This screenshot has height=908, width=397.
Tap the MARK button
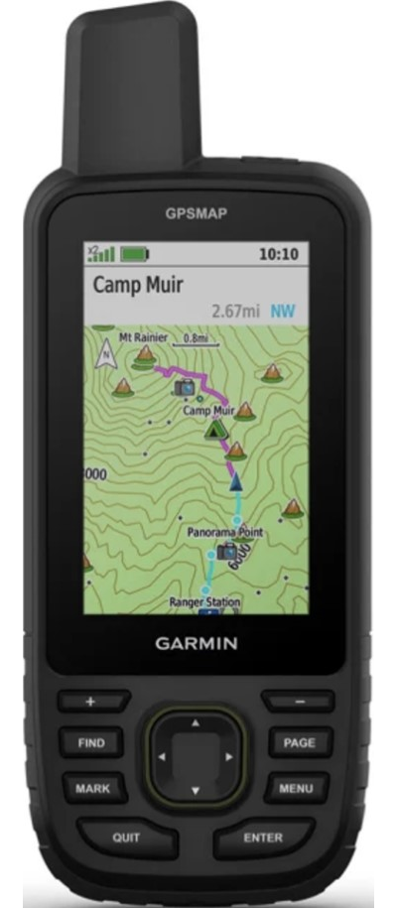93,789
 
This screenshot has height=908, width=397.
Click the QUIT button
126,838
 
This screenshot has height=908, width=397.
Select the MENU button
296,789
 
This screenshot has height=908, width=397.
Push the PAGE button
299,742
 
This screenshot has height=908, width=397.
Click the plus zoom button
91,702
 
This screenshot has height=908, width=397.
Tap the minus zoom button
299,702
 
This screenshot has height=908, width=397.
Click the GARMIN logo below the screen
196,643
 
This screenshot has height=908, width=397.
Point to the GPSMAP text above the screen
196,211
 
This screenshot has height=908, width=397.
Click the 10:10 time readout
278,254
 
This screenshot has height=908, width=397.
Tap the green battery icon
135,254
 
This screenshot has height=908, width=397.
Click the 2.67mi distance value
236,312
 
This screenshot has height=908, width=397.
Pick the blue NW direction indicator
283,312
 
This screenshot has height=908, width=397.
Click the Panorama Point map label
225,533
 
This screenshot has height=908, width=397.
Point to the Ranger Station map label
204,601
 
